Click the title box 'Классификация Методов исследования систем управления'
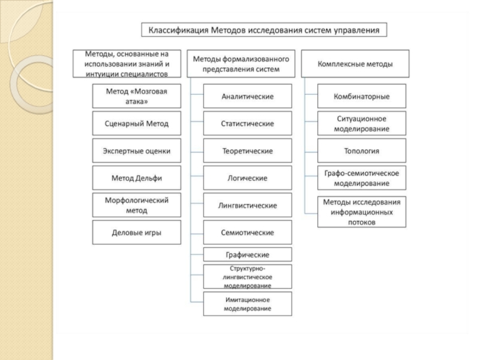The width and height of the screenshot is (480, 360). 264,29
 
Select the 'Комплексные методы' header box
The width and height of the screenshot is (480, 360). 355,64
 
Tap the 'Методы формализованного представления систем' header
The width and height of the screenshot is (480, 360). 241,64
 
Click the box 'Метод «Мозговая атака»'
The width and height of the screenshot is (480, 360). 137,96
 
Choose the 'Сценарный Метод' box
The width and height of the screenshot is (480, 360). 137,124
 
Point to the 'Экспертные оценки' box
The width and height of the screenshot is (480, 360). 137,151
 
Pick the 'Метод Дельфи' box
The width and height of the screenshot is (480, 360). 137,178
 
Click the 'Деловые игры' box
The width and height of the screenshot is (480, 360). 137,232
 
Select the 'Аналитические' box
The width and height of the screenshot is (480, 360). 248,96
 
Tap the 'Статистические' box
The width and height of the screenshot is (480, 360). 248,124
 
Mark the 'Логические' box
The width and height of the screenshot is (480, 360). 248,178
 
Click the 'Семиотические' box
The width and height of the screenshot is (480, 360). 248,232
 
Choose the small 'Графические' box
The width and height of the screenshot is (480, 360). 248,254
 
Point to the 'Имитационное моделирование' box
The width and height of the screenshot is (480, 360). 248,304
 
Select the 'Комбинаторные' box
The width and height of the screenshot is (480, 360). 362,96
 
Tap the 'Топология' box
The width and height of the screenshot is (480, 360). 362,151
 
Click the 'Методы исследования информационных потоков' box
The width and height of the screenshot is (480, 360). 362,212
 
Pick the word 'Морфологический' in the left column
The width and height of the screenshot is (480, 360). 137,200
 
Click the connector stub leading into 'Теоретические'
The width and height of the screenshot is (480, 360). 197,152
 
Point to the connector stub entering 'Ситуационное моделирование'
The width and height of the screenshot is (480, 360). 311,122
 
